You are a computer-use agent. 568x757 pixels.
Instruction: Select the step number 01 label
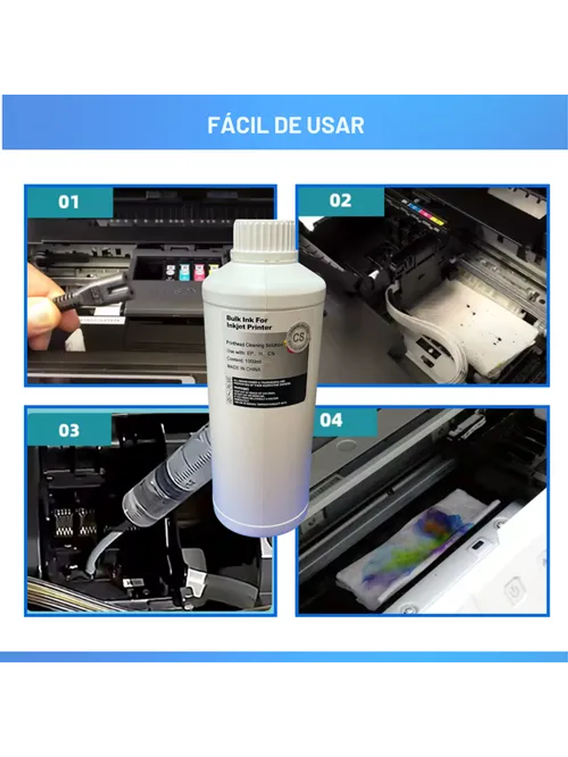(x=69, y=202)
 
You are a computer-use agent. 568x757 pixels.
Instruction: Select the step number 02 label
(x=340, y=200)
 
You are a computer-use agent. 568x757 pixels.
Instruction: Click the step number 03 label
(x=69, y=430)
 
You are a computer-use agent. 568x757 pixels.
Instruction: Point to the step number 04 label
(x=331, y=420)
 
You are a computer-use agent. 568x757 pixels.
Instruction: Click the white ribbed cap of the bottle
(x=264, y=240)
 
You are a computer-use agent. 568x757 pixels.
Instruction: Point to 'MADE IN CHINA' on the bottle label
(x=243, y=369)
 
